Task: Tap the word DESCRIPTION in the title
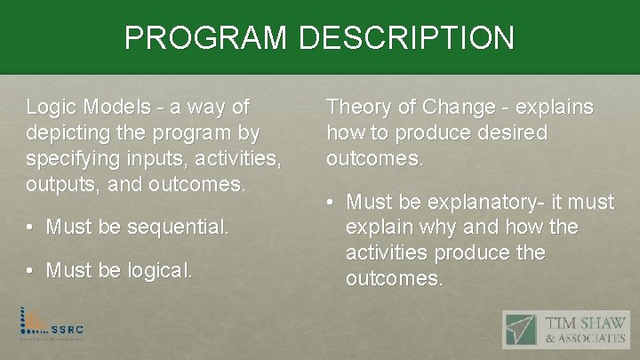tap(407, 37)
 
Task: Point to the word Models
tap(116, 108)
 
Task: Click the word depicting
tap(73, 134)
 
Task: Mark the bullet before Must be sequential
tap(32, 228)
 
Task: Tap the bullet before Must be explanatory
tap(332, 203)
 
